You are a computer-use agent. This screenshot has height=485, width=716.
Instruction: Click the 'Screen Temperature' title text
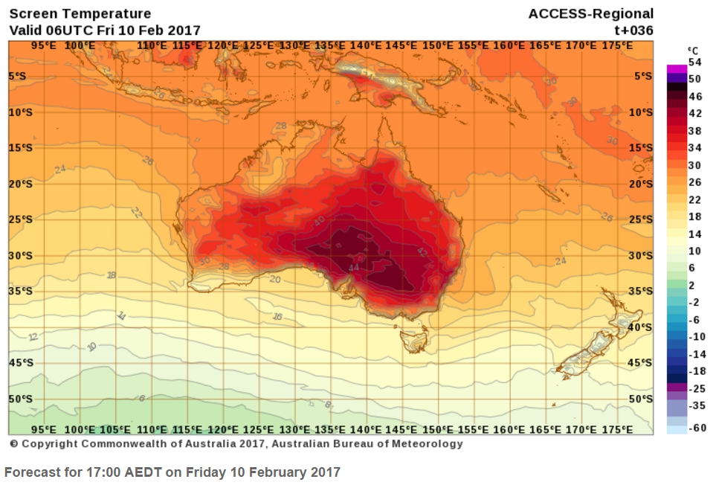tap(80, 13)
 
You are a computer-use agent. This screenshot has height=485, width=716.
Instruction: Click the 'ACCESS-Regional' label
tap(590, 13)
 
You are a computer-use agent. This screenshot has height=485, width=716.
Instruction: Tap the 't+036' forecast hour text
tap(633, 30)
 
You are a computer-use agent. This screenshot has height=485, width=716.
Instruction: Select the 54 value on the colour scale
tap(695, 62)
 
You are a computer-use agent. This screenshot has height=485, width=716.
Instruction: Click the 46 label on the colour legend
tap(695, 96)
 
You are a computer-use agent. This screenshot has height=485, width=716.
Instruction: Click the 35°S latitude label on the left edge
tap(21, 291)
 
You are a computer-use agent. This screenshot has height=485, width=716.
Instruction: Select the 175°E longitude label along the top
tap(616, 46)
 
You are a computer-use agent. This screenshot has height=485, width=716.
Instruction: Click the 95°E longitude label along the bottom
tap(44, 430)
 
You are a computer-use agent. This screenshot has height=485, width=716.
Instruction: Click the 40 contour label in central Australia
tap(319, 221)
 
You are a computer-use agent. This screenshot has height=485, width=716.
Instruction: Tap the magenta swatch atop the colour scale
tap(676, 68)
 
